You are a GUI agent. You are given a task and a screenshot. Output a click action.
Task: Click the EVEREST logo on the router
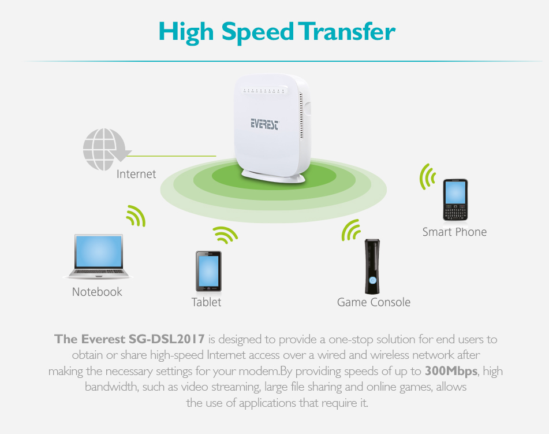coord(265,124)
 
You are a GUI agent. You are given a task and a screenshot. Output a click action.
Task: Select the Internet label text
coord(136,174)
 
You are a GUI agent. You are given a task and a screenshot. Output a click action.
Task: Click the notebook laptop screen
coord(99,251)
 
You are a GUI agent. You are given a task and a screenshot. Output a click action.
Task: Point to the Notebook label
coord(97,292)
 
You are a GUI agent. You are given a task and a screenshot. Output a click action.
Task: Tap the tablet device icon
coord(208,271)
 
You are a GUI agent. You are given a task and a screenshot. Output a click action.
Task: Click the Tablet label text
coord(206,302)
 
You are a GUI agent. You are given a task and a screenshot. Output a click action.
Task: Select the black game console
coord(372,266)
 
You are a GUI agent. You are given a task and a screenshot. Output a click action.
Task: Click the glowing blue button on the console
coord(372,280)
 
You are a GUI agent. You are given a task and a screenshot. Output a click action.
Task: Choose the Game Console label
coord(374,302)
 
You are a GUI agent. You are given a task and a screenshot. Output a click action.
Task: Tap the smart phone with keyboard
coord(455,200)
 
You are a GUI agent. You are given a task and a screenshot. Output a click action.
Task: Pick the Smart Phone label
coord(454,232)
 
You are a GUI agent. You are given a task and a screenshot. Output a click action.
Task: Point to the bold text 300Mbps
coord(451,371)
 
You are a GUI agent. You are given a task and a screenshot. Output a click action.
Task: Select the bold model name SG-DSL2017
coord(167,339)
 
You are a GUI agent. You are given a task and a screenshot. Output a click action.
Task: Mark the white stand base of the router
coord(273,176)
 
